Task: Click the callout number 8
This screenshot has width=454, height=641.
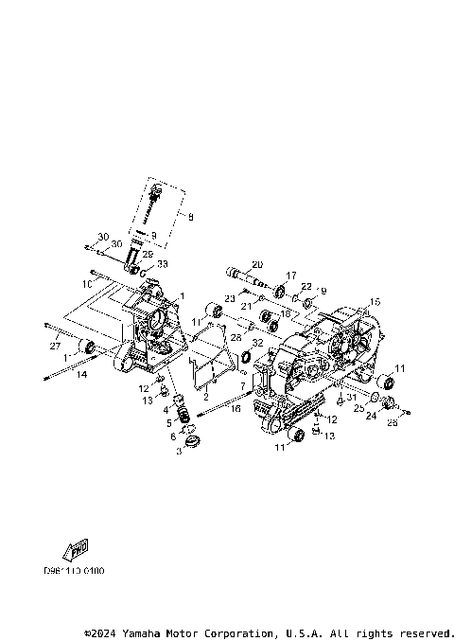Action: (191, 218)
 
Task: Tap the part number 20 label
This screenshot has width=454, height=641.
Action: (256, 264)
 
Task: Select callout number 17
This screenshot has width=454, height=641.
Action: (291, 276)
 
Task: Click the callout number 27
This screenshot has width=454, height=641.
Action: (54, 347)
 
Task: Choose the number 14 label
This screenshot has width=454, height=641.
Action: (81, 376)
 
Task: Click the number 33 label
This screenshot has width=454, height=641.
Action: (162, 264)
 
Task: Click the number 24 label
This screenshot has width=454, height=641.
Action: (371, 415)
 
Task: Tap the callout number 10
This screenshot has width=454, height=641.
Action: (86, 283)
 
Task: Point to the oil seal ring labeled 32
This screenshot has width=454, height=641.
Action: (242, 357)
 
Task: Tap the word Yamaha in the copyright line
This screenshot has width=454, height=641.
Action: (148, 632)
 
